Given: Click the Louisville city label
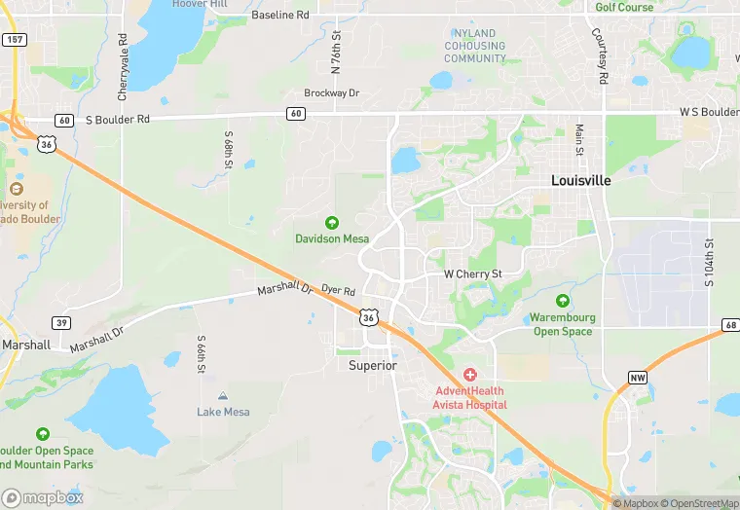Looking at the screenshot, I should (x=580, y=181).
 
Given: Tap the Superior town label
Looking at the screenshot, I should (x=373, y=366).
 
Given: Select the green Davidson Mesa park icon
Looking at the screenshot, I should (x=331, y=223).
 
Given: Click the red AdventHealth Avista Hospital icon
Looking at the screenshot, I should (x=470, y=375).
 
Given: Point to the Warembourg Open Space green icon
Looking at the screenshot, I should (x=562, y=302).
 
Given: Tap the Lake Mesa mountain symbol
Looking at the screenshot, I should (x=223, y=396).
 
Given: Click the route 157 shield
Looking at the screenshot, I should (x=14, y=40).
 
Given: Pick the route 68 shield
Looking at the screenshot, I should (x=730, y=324).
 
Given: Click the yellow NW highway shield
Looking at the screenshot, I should (x=638, y=378).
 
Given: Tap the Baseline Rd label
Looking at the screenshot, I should (x=279, y=16).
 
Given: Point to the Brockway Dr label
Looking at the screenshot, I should (x=331, y=93).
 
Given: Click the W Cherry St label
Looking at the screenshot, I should (x=472, y=274).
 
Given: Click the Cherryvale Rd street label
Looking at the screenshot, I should (x=124, y=68).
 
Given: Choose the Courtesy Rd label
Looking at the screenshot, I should (x=603, y=56).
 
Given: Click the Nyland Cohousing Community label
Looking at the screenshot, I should (x=475, y=46).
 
